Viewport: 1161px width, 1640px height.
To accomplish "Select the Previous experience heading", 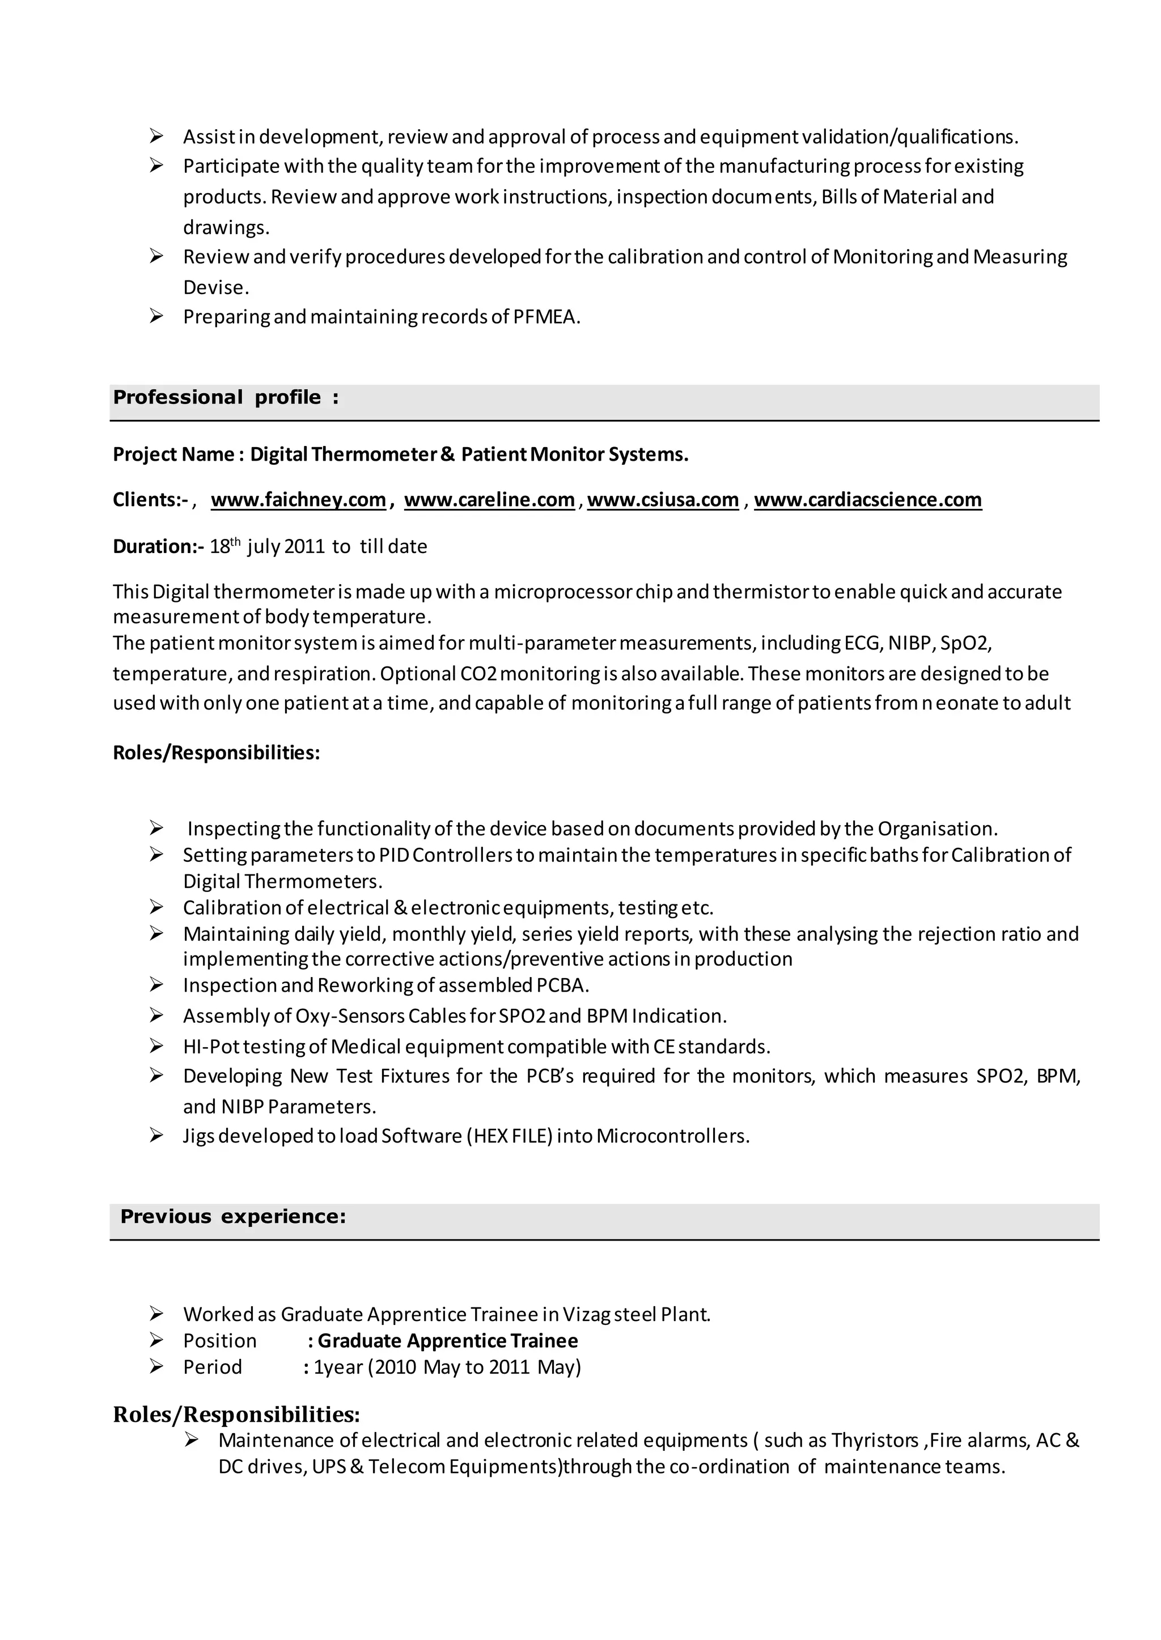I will point(233,1216).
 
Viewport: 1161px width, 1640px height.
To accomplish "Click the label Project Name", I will point(173,454).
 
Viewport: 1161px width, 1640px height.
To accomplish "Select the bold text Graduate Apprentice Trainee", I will point(447,1341).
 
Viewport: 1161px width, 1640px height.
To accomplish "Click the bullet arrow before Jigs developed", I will point(156,1136).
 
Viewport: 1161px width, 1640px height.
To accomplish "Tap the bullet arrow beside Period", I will point(156,1366).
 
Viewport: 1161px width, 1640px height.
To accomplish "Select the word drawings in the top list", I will point(224,227).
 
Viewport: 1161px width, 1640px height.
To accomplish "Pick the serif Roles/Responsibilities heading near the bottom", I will point(236,1414).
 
